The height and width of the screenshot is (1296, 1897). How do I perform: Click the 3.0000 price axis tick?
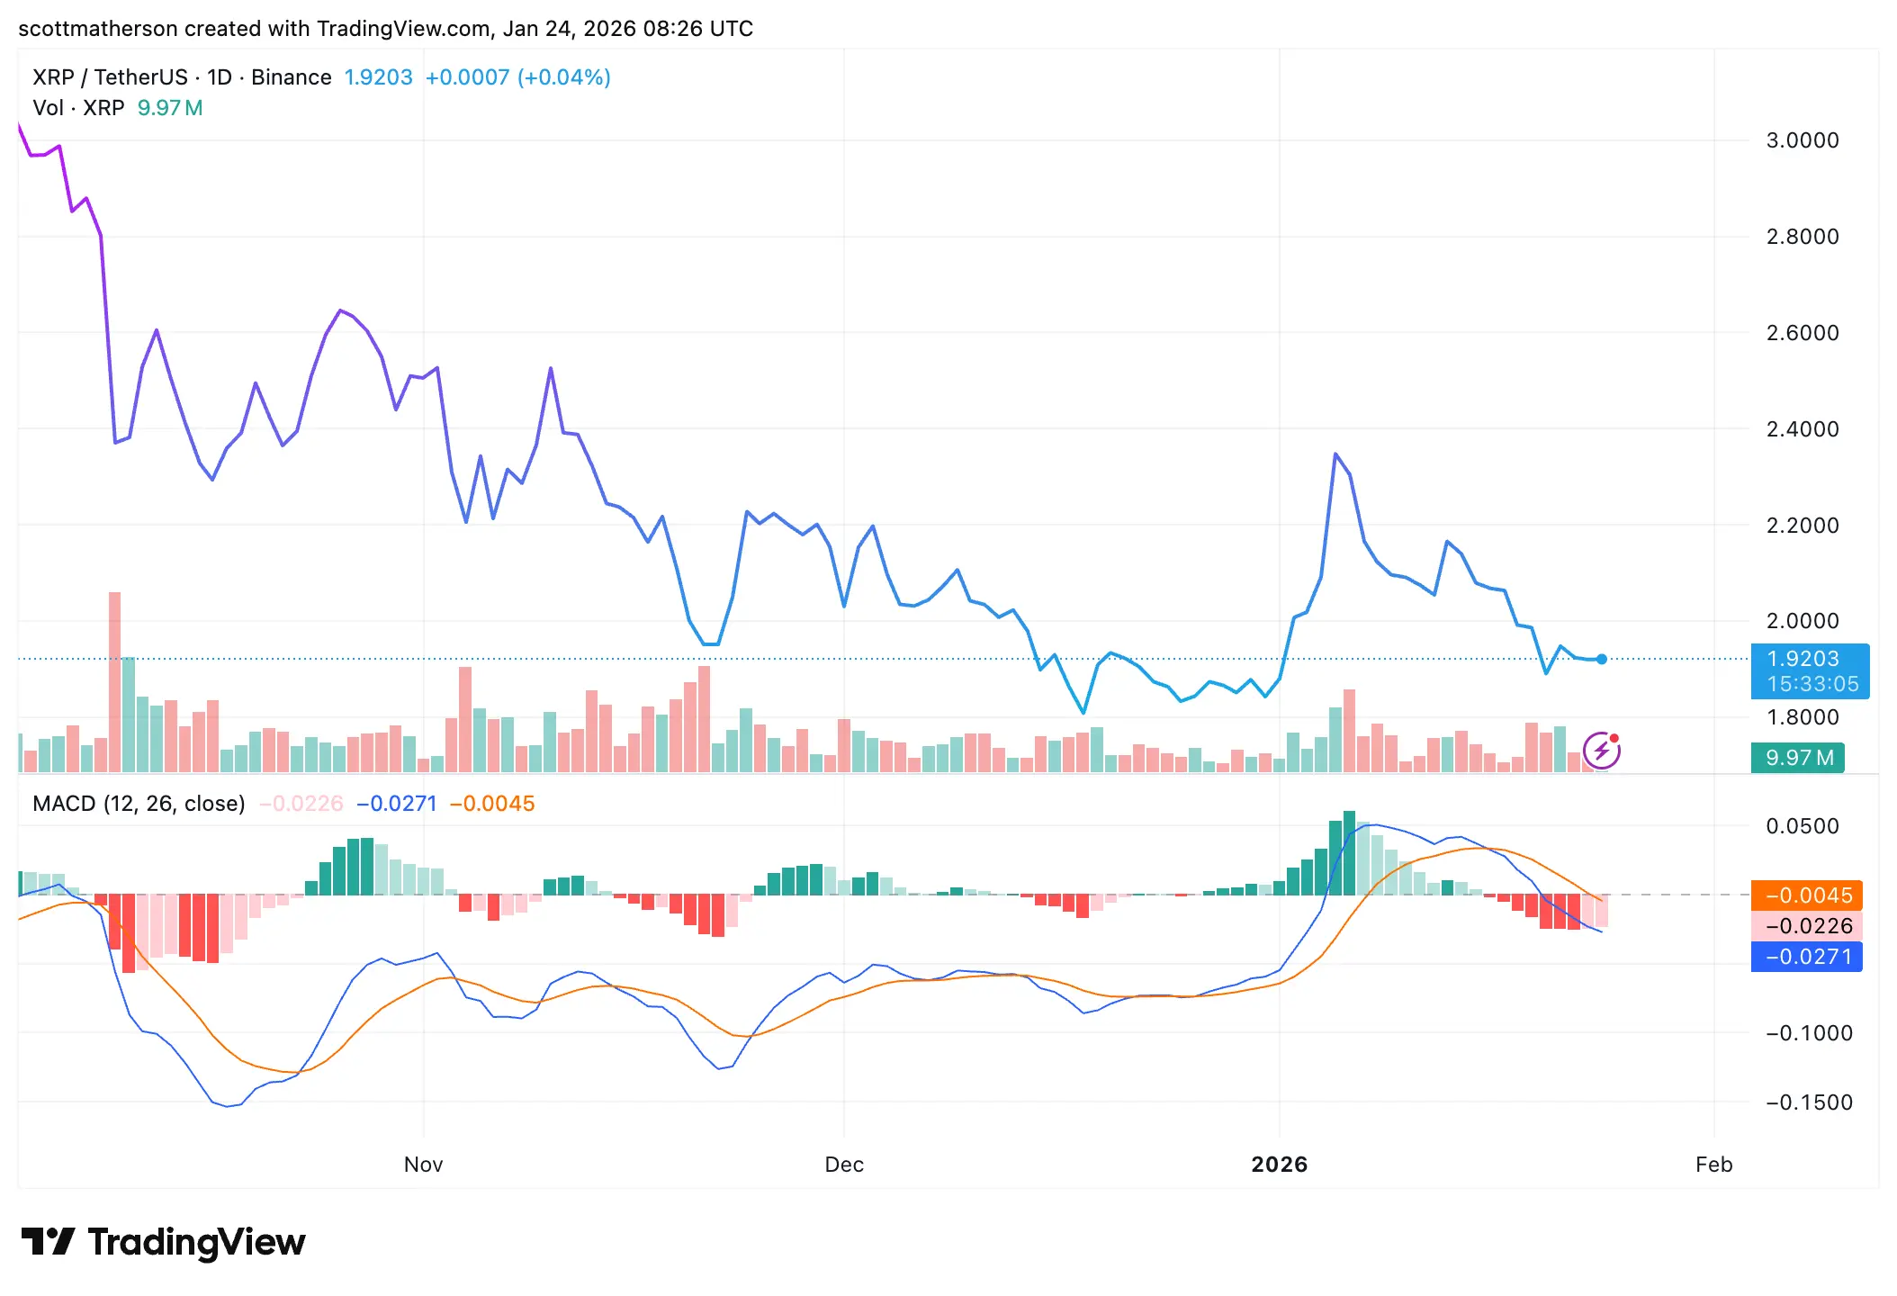point(1802,140)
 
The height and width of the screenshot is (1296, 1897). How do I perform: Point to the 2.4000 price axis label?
point(1802,429)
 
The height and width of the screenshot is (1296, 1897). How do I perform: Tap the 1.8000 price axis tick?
point(1802,717)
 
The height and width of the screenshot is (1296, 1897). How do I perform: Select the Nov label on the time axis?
point(423,1165)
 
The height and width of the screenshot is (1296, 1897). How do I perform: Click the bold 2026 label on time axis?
point(1279,1165)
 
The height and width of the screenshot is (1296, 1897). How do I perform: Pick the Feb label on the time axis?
point(1713,1165)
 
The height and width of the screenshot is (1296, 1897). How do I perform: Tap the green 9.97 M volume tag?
point(1798,758)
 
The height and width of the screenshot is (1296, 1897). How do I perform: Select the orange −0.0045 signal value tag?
point(1807,895)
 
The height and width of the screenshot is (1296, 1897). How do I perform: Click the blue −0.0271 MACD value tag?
point(1807,957)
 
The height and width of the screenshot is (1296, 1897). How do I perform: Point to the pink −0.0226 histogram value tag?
point(1807,926)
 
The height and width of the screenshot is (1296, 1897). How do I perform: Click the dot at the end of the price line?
point(1602,660)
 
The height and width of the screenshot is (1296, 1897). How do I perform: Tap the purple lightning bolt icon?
point(1602,751)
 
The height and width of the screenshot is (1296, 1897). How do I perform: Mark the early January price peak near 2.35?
point(1335,454)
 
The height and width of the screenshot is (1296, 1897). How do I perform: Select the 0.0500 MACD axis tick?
point(1802,826)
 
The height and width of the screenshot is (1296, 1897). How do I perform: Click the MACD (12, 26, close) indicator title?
point(139,804)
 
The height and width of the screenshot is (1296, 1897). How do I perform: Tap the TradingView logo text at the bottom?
point(196,1242)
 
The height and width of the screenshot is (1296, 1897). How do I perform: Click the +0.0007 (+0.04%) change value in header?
point(517,77)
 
